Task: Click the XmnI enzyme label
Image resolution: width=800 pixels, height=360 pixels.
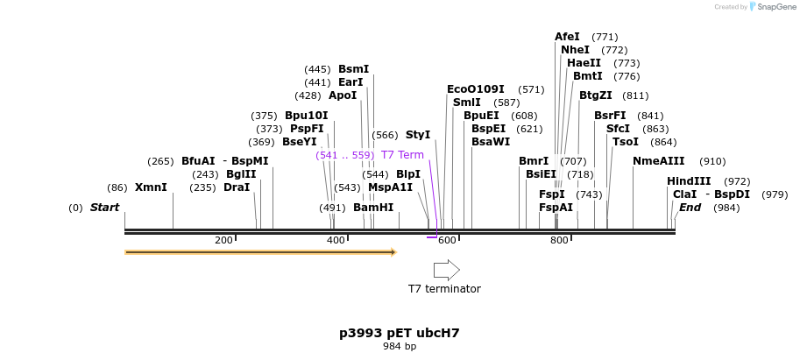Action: click(151, 187)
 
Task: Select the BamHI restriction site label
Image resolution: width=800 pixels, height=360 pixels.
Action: click(373, 208)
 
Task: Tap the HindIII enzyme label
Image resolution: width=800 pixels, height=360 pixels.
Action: click(689, 181)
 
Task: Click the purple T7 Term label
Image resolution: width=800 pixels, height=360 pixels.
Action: click(402, 155)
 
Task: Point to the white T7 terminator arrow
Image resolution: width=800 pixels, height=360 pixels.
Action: click(447, 270)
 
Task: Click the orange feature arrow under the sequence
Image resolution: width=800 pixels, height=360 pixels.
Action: click(260, 252)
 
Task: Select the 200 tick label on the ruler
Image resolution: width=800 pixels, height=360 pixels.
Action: click(223, 240)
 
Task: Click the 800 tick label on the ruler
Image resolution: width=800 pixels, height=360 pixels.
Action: click(560, 240)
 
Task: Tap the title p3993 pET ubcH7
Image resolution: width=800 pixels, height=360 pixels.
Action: click(400, 333)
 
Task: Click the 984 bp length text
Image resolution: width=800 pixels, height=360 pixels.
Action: click(400, 347)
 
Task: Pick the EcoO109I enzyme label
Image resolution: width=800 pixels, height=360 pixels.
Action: click(476, 89)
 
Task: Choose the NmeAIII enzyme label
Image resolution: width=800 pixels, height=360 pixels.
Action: click(659, 161)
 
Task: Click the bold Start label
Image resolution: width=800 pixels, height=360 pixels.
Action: click(104, 208)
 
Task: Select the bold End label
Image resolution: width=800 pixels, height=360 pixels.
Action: click(690, 208)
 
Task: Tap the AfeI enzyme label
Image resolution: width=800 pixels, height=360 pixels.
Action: click(567, 37)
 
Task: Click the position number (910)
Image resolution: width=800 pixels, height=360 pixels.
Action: click(712, 161)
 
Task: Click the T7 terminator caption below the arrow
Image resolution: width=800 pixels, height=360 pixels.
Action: click(444, 288)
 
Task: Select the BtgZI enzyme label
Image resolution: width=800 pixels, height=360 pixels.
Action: click(596, 95)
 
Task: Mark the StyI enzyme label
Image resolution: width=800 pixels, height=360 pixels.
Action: click(418, 135)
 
